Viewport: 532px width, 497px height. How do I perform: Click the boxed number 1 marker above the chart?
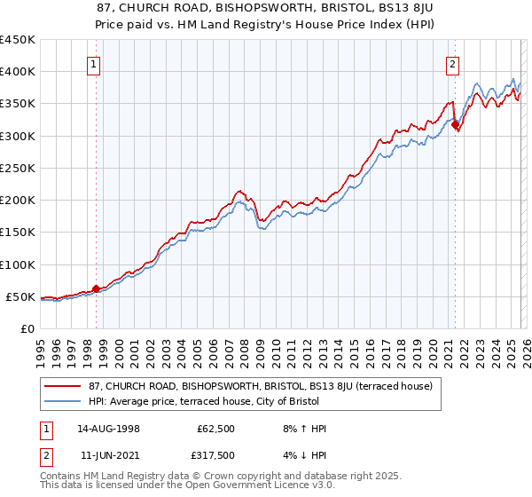pos(94,63)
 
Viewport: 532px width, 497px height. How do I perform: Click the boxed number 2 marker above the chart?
pos(452,63)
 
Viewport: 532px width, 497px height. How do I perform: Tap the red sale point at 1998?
pos(96,288)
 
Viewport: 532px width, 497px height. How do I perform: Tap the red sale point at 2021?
pos(455,125)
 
